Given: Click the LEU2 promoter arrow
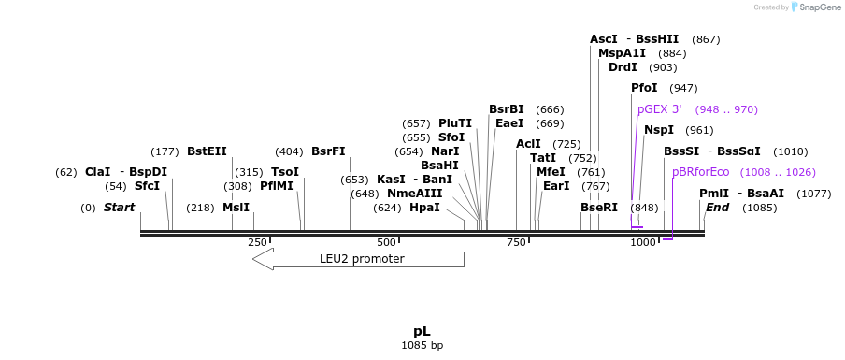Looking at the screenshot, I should (358, 259).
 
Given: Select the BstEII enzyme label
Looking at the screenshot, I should (207, 151).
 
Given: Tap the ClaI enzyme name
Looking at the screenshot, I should (97, 172).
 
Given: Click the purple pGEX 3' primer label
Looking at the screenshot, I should (659, 109).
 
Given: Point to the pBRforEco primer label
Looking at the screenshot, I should (700, 172).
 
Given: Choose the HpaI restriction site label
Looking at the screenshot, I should (424, 208).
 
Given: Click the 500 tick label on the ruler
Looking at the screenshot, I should (386, 242).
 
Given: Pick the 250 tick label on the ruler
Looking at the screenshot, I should (257, 242).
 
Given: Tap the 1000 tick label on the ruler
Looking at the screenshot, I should (643, 242).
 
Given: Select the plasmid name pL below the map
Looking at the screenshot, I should (422, 331).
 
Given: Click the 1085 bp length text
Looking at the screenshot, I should (422, 346).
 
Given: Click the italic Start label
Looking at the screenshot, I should (119, 208).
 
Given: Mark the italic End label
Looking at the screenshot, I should (717, 208).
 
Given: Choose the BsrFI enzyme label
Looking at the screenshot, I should (328, 151).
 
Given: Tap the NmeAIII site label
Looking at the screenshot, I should (414, 194).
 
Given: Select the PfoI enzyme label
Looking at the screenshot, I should (644, 88).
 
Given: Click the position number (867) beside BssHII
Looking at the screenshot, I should (706, 39).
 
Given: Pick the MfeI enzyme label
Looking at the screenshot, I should (551, 172).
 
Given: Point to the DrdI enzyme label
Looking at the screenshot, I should (623, 67).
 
